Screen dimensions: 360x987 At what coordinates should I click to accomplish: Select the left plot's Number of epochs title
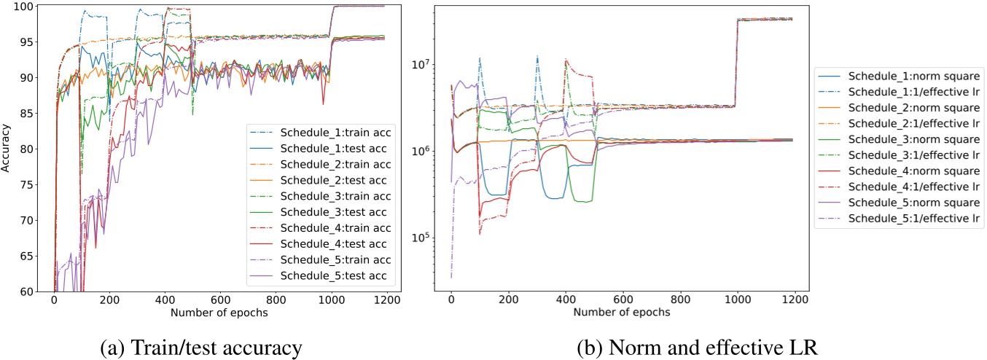[219, 313]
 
